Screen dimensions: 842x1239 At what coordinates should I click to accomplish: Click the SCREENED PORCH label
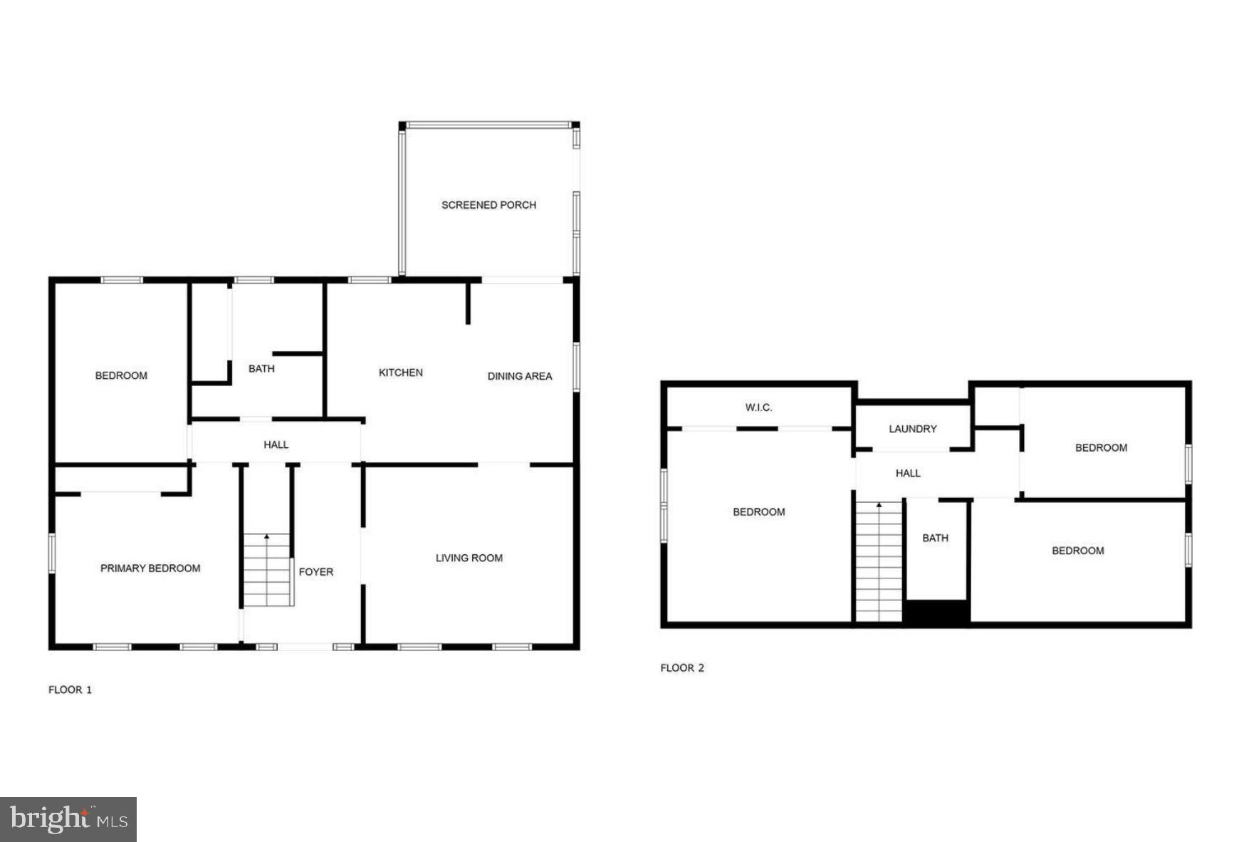[488, 205]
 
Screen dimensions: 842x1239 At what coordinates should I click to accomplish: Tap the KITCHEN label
[400, 373]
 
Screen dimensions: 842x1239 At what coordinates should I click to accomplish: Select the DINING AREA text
[519, 376]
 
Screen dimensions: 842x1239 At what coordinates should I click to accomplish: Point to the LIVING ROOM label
[469, 558]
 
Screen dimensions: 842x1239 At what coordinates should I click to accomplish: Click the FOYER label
[315, 571]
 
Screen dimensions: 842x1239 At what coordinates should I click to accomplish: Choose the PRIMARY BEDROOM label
[150, 568]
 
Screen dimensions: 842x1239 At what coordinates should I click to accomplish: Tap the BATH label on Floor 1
[261, 368]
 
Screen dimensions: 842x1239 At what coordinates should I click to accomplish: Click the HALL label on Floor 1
[276, 445]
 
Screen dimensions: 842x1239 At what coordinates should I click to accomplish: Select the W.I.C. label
[758, 407]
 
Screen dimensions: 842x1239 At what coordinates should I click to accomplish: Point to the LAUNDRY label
[912, 429]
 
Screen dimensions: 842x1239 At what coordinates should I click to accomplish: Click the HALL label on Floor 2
[907, 473]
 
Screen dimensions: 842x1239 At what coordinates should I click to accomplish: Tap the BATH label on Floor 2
[935, 538]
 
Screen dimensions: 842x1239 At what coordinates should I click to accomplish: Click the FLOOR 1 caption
[70, 690]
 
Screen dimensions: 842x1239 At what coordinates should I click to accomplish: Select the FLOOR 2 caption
[681, 667]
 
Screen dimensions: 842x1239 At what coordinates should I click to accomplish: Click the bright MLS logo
[68, 819]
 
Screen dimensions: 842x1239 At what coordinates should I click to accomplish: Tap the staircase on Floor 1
[268, 570]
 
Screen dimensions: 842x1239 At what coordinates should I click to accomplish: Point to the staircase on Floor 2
[879, 563]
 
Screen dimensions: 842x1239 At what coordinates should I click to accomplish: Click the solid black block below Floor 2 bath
[936, 613]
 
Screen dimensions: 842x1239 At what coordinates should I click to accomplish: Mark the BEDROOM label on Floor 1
[121, 375]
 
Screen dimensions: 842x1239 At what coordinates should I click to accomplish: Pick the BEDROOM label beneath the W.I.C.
[758, 511]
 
